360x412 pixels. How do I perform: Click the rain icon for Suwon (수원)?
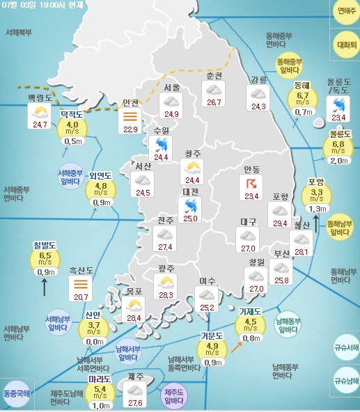pos(162,144)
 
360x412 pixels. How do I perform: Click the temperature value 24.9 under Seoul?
pos(171,114)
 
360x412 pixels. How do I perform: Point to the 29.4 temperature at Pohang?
pos(280,223)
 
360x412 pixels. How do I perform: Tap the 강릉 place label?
pos(258,79)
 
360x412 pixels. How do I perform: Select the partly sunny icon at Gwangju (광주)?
pos(166,282)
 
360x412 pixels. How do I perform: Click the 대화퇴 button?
pos(344,40)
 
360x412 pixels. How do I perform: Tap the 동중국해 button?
pos(16,393)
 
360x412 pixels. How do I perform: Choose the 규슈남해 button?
pos(345,381)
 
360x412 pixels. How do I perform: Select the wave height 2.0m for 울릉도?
pos(339,161)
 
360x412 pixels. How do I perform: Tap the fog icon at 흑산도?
pos(81,284)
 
